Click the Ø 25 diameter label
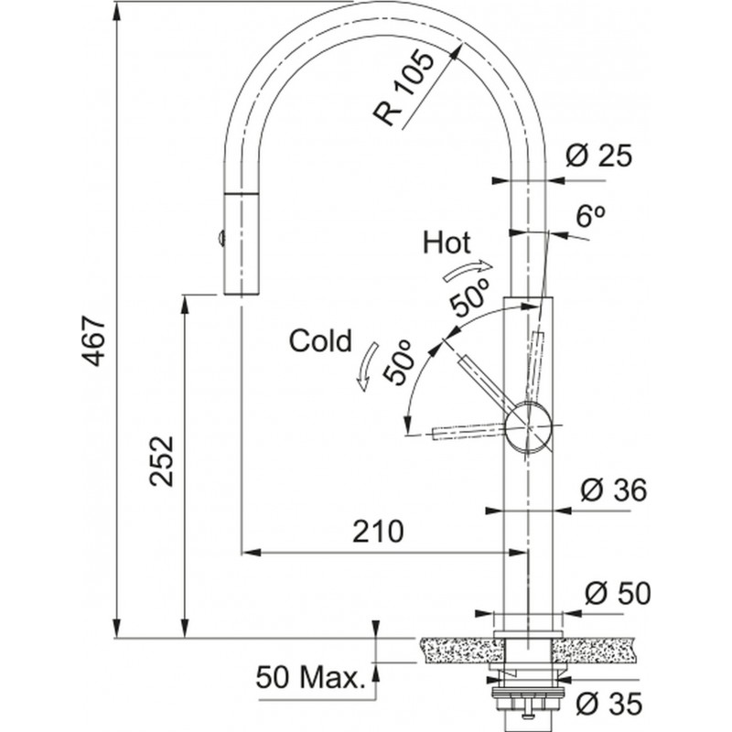(x=599, y=156)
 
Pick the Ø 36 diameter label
(x=614, y=490)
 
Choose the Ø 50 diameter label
(x=616, y=594)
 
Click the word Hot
(x=447, y=242)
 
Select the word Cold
(x=320, y=341)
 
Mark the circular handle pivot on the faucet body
(x=528, y=426)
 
